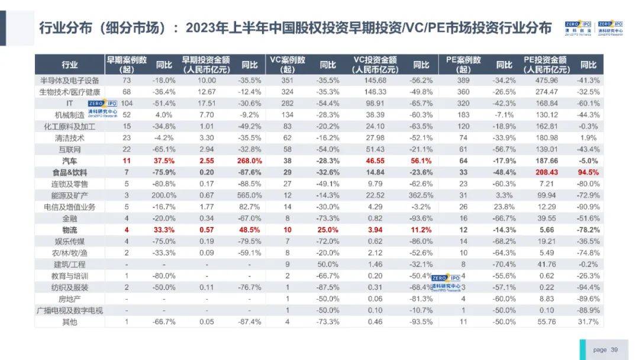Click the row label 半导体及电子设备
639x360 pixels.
(69, 80)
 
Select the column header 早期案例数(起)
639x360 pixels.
(126, 65)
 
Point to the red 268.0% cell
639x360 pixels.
(250, 161)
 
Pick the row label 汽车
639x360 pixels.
(69, 161)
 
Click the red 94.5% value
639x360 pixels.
(588, 172)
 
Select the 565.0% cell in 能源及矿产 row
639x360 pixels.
(250, 195)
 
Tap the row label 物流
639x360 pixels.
(69, 230)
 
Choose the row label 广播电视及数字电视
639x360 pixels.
(69, 310)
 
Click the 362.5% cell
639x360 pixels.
(420, 195)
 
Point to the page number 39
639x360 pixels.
(614, 350)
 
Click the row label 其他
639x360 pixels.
(69, 322)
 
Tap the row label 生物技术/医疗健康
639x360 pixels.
(69, 92)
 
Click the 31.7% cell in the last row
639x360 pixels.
(588, 322)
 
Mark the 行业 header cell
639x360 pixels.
(69, 65)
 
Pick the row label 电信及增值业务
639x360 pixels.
(69, 207)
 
